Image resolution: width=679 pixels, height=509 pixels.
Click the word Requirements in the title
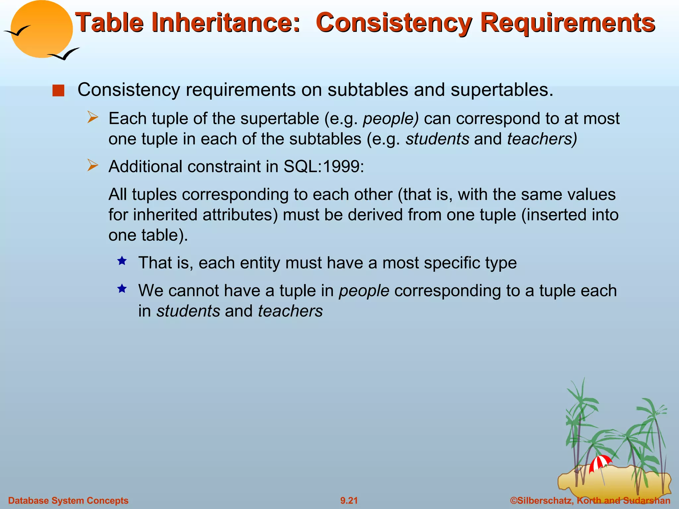(567, 23)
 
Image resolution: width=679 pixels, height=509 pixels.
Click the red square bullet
(58, 90)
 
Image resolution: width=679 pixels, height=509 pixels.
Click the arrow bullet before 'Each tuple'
(93, 118)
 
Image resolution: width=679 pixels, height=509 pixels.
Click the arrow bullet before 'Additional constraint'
(93, 165)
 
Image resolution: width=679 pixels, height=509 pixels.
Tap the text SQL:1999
(323, 166)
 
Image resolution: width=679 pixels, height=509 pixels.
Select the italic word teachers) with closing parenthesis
(542, 139)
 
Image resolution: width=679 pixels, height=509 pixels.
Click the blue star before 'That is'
(122, 261)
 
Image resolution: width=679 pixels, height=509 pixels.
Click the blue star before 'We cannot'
(122, 289)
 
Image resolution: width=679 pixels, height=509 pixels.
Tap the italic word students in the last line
(188, 311)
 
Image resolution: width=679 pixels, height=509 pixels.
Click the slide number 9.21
(349, 500)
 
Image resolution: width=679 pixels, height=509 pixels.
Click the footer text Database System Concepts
(68, 500)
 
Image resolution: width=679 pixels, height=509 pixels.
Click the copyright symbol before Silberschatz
(514, 500)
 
